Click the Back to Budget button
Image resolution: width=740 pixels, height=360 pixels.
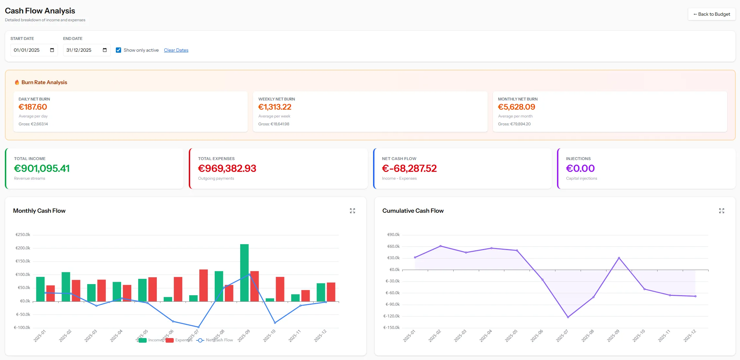tap(712, 14)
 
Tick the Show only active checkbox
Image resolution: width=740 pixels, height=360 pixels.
tap(118, 50)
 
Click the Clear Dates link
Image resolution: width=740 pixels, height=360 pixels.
tap(176, 50)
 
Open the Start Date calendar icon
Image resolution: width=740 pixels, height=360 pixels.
tap(52, 50)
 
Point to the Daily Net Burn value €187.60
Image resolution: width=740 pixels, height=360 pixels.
tap(33, 107)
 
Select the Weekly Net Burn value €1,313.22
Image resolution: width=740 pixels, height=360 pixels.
tap(275, 107)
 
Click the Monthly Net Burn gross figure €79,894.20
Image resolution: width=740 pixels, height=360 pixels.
tap(514, 124)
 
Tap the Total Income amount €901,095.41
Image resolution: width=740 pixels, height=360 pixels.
tap(42, 168)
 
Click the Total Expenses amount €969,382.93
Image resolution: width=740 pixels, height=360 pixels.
tap(227, 168)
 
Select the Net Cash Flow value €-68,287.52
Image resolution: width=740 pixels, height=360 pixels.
tap(409, 168)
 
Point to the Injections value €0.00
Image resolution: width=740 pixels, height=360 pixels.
tap(580, 168)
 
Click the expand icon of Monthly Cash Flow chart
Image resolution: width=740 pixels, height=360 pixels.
tap(352, 211)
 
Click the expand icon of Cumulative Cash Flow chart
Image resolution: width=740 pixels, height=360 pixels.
tap(722, 211)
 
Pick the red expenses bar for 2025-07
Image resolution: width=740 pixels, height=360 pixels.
tap(204, 285)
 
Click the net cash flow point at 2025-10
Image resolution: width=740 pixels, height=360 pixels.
tap(275, 323)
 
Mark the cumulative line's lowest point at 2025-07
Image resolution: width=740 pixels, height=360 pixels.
tap(568, 317)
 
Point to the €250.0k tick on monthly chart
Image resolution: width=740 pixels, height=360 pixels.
tap(23, 235)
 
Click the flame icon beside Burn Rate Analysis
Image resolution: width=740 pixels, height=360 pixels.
tap(17, 82)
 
